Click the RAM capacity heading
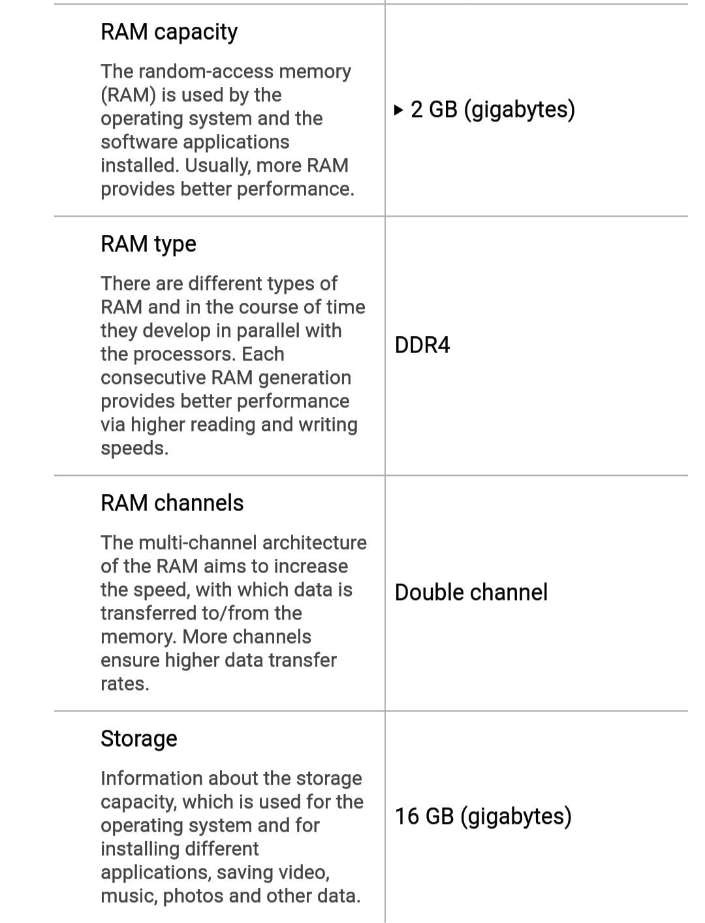169,32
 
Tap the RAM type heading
148,244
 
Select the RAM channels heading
172,503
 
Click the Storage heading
139,739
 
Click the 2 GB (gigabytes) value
492,109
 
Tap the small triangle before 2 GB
399,110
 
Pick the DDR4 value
422,345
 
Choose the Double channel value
471,593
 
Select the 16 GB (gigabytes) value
483,817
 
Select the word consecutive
153,378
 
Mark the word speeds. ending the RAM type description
134,448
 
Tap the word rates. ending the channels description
125,684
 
